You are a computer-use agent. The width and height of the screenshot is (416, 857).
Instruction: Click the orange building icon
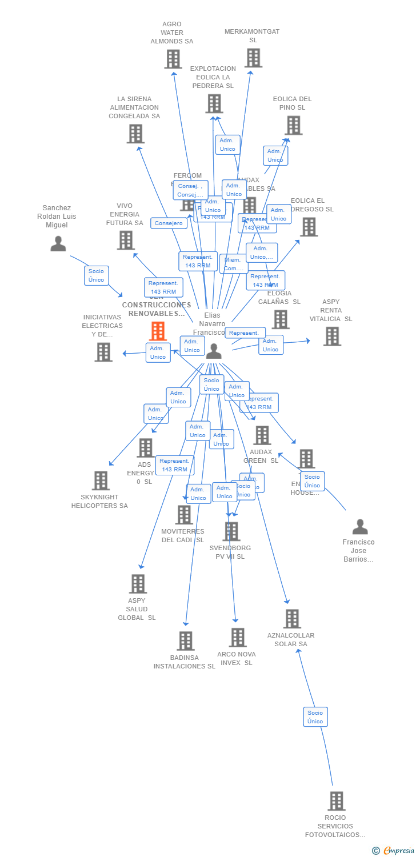click(157, 331)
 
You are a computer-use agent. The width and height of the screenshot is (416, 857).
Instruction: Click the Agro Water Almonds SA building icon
click(173, 59)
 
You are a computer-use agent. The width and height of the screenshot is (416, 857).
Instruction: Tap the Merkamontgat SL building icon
click(253, 58)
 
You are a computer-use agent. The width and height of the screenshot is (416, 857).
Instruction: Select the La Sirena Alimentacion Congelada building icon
click(135, 134)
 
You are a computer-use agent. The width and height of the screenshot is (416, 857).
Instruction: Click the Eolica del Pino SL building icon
click(293, 125)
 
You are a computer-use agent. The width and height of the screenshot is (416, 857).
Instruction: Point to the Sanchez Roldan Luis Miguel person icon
click(58, 243)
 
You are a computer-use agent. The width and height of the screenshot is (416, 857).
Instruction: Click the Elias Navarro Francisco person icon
click(214, 351)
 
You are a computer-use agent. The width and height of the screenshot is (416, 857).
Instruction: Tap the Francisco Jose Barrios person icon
click(359, 526)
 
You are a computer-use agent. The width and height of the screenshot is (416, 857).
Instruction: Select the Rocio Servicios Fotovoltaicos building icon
click(336, 801)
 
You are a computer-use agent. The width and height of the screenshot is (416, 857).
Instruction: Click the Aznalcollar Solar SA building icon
click(291, 619)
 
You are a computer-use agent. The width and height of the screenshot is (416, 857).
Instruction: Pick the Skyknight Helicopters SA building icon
click(101, 480)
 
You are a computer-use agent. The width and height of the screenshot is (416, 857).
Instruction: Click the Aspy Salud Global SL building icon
click(138, 584)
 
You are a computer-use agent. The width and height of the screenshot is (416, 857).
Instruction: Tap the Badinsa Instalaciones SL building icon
click(185, 641)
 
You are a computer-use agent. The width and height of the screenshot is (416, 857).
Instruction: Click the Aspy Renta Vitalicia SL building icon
click(331, 337)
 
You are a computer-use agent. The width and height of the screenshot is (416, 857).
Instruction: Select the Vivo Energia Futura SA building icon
click(126, 241)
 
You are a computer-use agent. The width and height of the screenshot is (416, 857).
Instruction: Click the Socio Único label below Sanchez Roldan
click(97, 275)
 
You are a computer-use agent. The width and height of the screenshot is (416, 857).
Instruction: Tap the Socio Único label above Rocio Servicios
click(315, 717)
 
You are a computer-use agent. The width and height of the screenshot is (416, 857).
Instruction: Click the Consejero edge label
click(169, 223)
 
